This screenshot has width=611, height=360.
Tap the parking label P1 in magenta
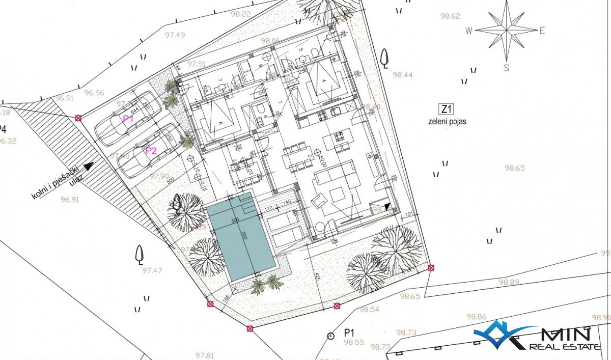click(x=128, y=118)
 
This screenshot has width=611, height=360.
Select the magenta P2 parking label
click(x=151, y=151)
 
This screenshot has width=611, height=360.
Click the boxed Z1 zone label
click(x=446, y=108)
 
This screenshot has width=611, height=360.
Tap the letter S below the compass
click(x=506, y=67)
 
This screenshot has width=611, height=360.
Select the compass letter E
click(x=542, y=31)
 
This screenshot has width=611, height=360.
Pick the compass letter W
click(x=468, y=31)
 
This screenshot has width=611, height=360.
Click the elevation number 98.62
click(x=450, y=16)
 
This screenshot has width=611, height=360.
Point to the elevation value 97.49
click(x=175, y=35)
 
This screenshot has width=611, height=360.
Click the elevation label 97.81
click(x=204, y=355)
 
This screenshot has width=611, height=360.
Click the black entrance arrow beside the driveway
click(x=89, y=165)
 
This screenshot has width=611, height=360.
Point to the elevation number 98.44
click(x=403, y=75)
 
